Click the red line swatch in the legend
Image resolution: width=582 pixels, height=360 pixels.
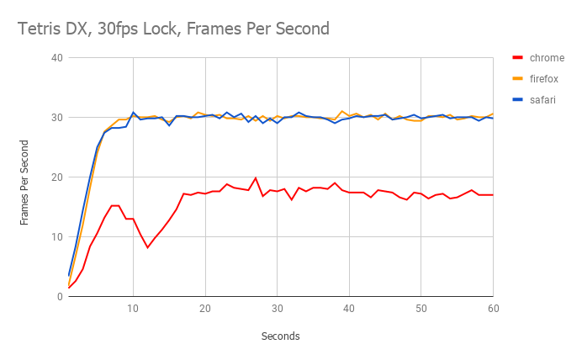[x=518, y=58]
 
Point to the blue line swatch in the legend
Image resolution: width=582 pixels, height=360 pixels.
[x=518, y=99]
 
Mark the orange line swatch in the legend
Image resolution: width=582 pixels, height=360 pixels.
[x=518, y=79]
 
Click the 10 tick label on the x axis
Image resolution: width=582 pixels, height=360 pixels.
[x=133, y=309]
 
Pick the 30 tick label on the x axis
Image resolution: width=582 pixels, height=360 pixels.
[x=277, y=309]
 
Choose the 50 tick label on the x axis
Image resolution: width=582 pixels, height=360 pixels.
[x=421, y=309]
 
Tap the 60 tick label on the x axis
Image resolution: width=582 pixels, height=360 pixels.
[x=492, y=309]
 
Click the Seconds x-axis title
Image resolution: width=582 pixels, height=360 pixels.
[x=280, y=336]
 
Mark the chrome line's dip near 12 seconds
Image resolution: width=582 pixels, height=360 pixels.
[x=147, y=247]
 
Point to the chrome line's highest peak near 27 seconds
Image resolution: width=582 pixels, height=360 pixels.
[x=256, y=178]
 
